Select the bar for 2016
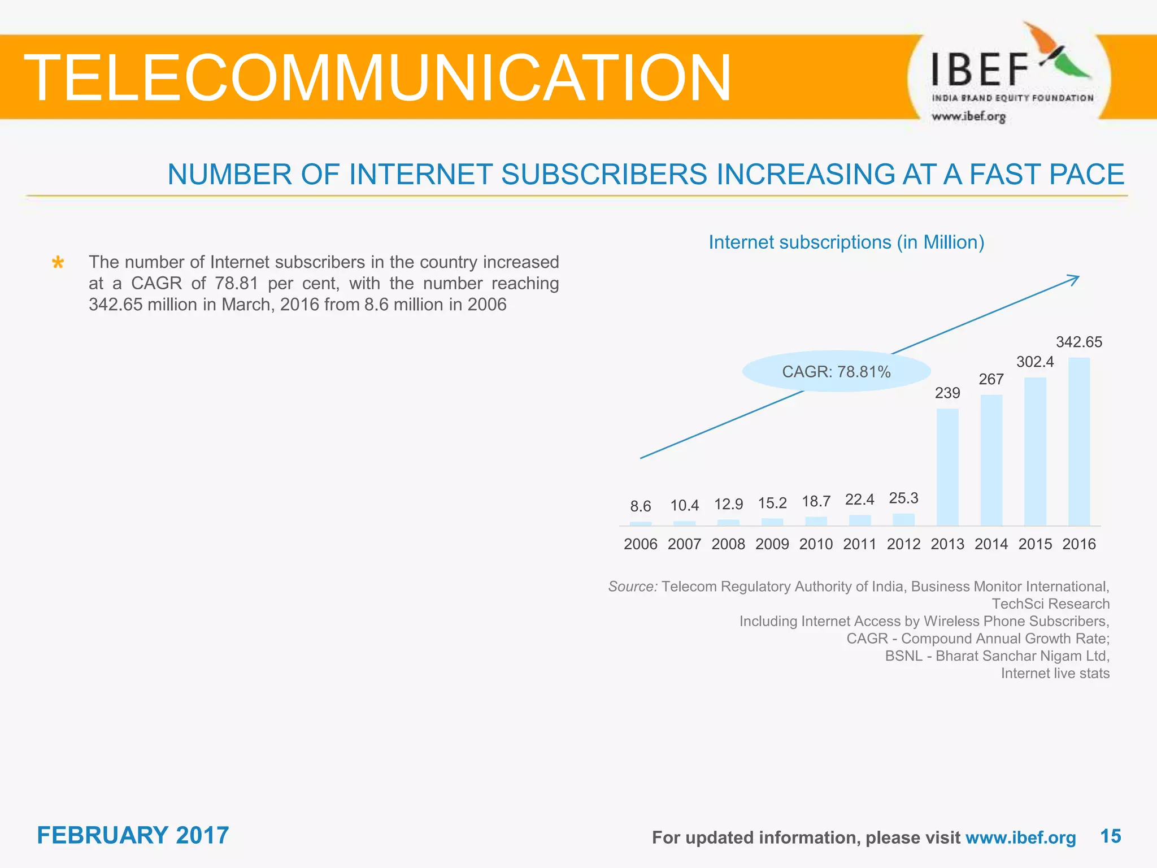(x=1079, y=442)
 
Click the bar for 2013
(x=947, y=467)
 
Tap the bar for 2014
(x=991, y=460)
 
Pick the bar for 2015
(x=1035, y=452)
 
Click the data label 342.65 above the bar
(x=1079, y=342)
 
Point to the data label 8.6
(x=641, y=506)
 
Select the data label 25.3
(x=903, y=498)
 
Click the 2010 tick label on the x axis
(x=816, y=544)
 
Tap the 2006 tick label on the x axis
(x=641, y=544)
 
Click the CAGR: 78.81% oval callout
(x=836, y=372)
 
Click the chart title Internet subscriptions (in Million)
(x=846, y=242)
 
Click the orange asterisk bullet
(x=58, y=263)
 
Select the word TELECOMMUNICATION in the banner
(x=377, y=78)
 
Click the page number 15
(x=1110, y=836)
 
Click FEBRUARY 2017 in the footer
(x=133, y=835)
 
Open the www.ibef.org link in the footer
(x=1020, y=837)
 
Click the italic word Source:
(x=632, y=587)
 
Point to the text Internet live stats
(x=1055, y=674)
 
